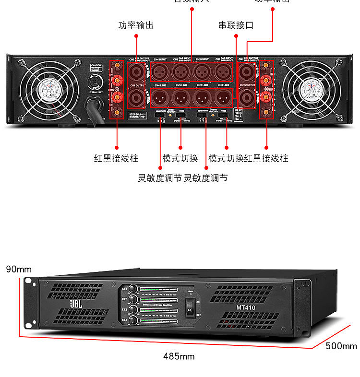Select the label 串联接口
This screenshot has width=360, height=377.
(236, 25)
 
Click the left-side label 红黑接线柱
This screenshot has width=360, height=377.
(116, 158)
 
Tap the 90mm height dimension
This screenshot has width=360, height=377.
(18, 269)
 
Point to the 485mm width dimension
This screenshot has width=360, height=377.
(179, 356)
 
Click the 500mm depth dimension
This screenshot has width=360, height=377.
(341, 346)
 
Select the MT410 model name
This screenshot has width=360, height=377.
(245, 307)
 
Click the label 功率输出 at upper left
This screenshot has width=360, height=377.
(136, 25)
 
